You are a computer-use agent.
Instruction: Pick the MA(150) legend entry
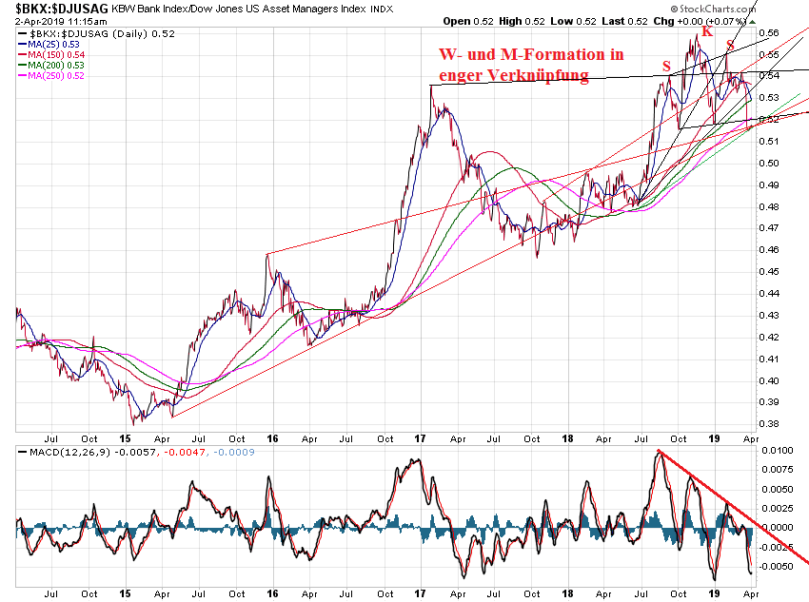point(49,55)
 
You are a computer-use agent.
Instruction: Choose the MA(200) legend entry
point(49,66)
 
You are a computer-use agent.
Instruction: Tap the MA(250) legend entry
point(49,76)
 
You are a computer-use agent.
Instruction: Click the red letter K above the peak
point(707,31)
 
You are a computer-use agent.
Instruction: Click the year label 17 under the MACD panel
point(420,594)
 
